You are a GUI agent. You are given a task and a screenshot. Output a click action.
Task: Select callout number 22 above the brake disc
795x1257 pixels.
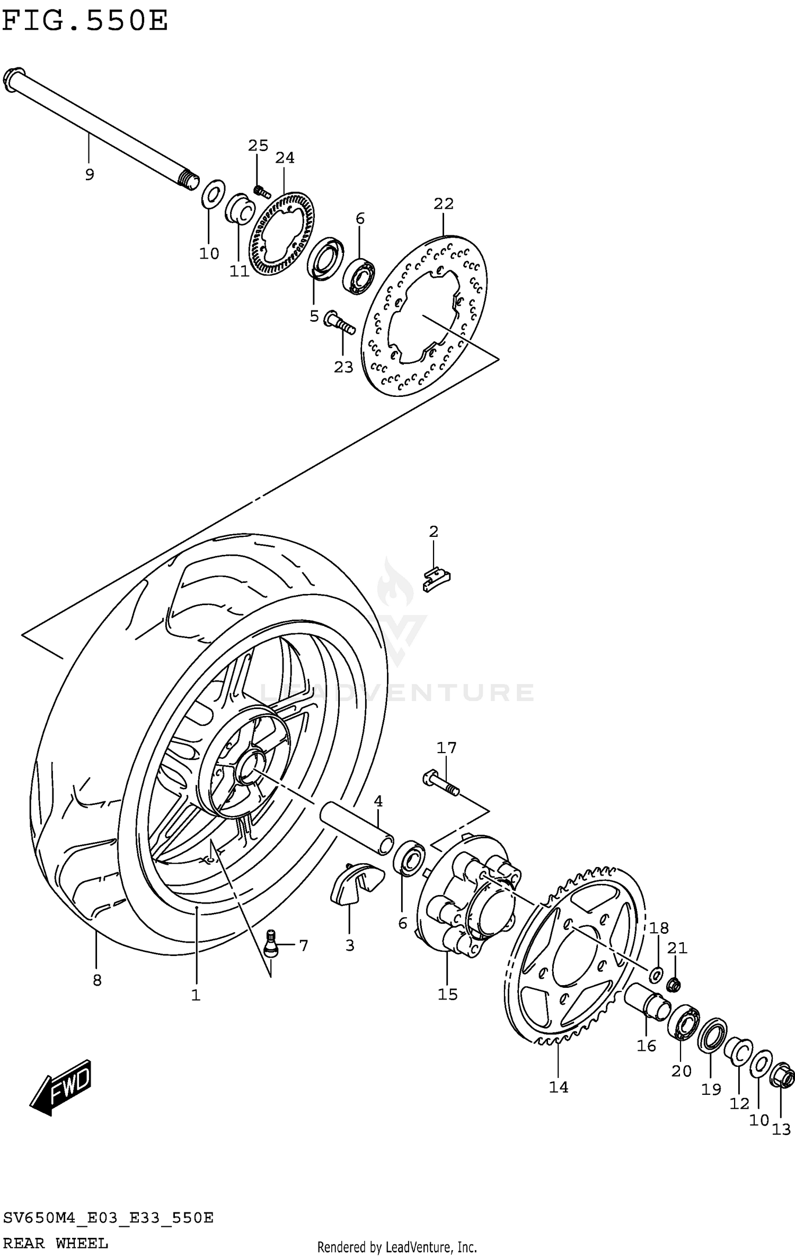[444, 203]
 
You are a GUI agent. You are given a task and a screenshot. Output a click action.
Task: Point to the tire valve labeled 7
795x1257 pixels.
[271, 944]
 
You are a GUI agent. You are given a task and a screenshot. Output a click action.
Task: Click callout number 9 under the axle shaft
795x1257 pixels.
[90, 174]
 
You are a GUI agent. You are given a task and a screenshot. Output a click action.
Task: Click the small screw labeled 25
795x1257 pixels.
[260, 191]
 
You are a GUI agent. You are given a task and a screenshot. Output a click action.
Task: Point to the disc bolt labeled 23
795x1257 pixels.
[339, 322]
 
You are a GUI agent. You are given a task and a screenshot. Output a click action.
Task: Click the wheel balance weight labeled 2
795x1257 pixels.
[436, 579]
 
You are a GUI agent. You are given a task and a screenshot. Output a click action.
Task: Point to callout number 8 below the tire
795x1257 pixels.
[96, 980]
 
